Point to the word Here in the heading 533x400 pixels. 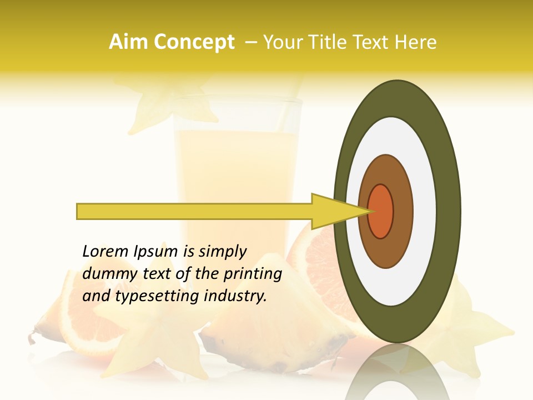416,42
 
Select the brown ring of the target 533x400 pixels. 402,211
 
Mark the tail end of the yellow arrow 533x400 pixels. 79,211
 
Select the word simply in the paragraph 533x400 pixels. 222,252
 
